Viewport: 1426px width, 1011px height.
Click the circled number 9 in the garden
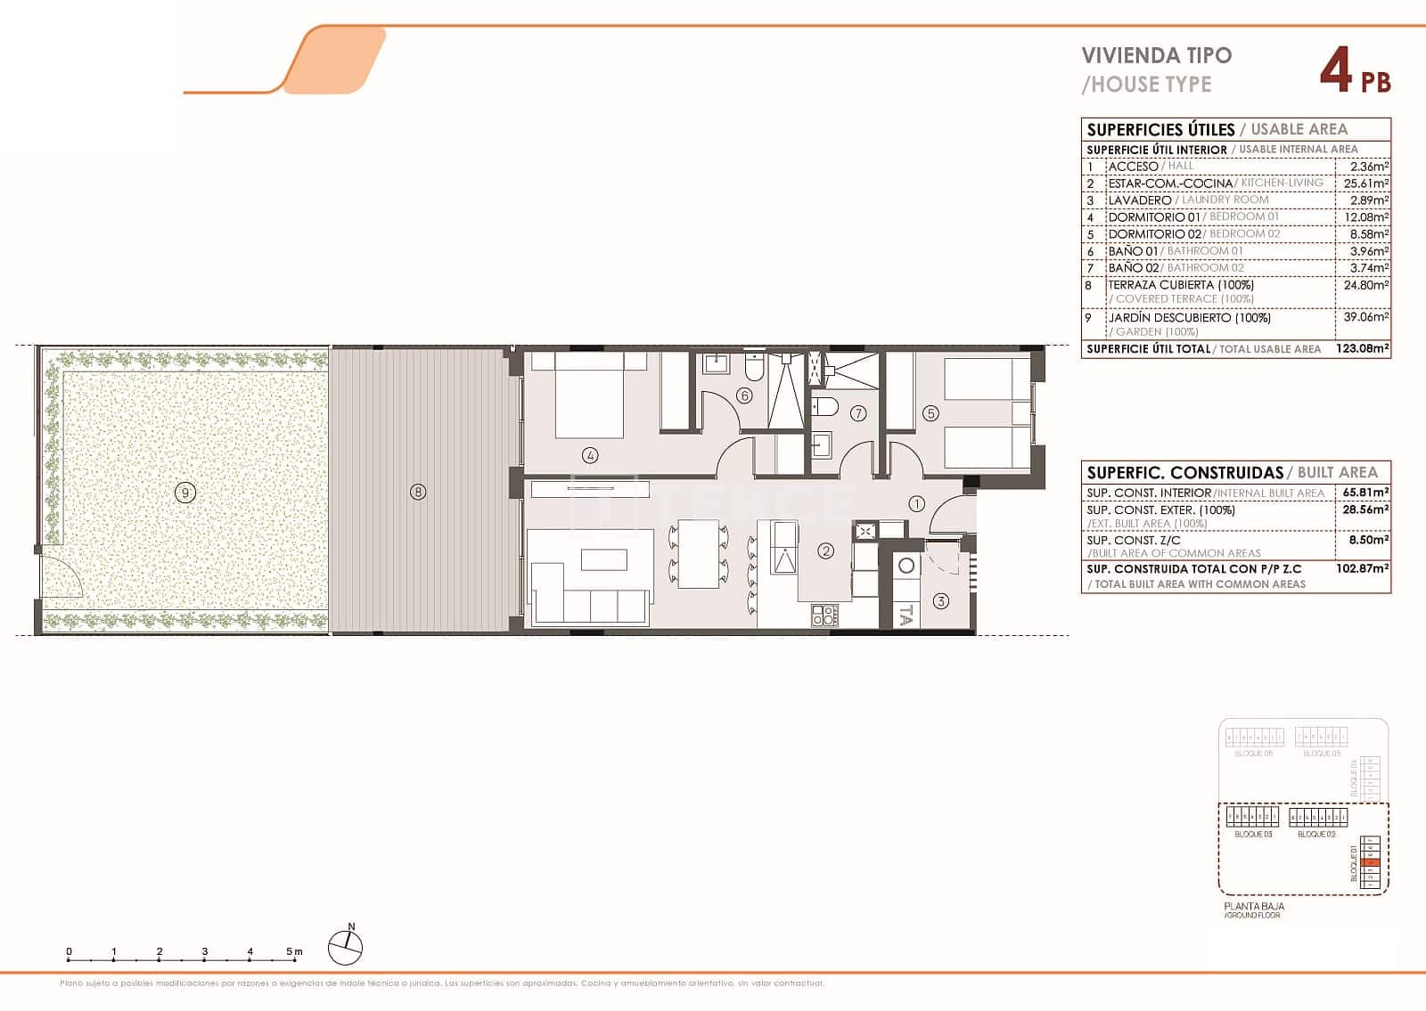click(x=184, y=493)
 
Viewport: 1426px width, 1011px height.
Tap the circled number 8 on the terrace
click(x=418, y=491)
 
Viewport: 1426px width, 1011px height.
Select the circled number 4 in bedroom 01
click(x=590, y=455)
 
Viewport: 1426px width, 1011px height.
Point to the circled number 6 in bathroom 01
click(x=744, y=395)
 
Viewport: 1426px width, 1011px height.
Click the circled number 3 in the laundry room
click(x=941, y=601)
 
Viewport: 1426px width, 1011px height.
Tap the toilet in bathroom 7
click(x=826, y=407)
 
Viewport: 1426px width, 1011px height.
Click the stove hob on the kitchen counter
click(x=824, y=614)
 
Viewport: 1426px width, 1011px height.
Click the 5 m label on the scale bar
click(x=294, y=951)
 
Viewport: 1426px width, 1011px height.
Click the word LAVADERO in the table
click(x=1139, y=200)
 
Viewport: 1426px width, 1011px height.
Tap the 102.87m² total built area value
click(x=1364, y=568)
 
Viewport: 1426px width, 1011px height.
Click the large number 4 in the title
click(x=1334, y=71)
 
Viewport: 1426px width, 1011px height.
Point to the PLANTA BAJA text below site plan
click(x=1254, y=906)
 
